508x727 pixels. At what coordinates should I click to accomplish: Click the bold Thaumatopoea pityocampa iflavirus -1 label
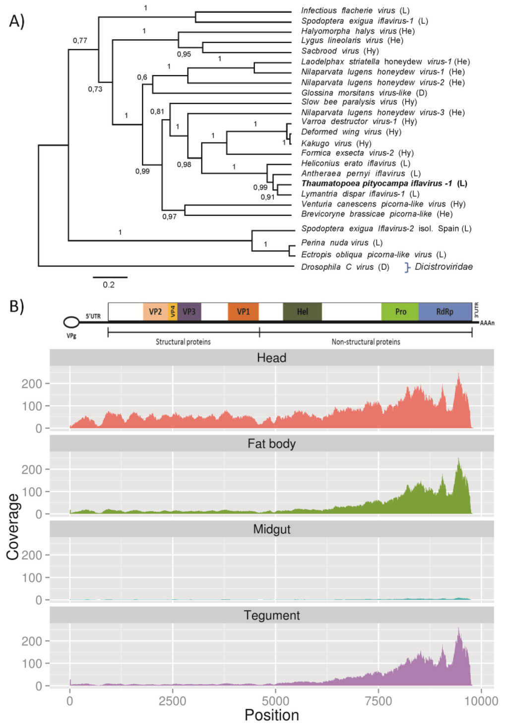[384, 183]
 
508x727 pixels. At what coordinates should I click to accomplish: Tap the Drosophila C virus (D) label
[345, 267]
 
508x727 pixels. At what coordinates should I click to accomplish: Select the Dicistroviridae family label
[444, 267]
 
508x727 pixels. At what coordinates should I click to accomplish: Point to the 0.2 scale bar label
[109, 285]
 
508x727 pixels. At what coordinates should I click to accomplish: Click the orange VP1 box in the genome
[243, 311]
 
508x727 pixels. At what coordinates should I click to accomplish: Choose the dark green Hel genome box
[302, 311]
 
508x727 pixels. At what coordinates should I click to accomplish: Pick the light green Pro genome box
[400, 311]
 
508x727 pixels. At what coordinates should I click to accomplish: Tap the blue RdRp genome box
[444, 311]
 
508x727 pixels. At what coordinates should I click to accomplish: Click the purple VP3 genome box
[189, 311]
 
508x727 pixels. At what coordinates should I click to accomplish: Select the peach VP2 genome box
[155, 311]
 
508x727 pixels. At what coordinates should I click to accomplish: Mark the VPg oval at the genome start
[71, 322]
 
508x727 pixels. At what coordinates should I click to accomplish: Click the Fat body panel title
[271, 443]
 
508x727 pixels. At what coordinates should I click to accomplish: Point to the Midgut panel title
[271, 529]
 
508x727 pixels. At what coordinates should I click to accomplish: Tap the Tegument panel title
[271, 615]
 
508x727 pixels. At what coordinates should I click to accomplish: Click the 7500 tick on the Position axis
[378, 701]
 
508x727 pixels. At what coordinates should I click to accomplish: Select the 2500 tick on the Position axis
[172, 701]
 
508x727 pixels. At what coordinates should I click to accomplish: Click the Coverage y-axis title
[13, 526]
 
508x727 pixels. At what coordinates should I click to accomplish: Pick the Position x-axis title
[271, 715]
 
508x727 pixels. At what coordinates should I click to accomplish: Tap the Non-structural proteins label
[366, 342]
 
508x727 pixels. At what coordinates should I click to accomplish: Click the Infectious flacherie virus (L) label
[355, 10]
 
